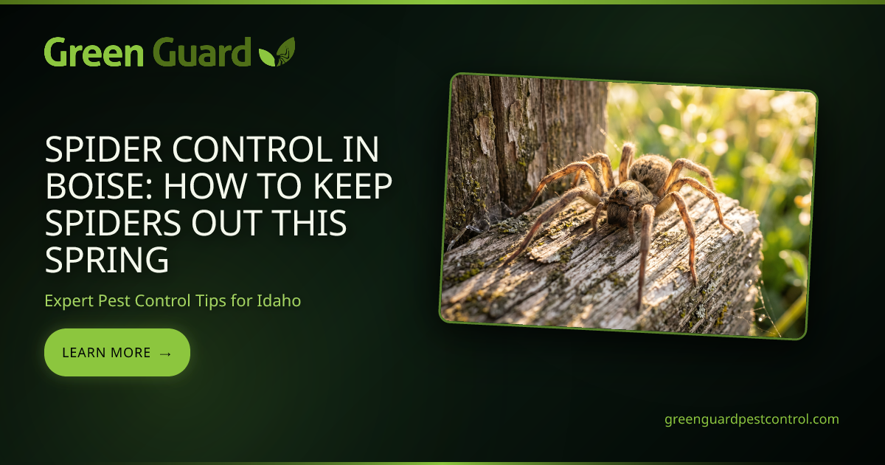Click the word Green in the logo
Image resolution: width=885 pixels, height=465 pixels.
(94, 52)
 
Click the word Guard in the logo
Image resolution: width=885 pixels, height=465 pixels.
(201, 52)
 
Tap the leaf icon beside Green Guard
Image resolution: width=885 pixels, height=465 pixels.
(277, 52)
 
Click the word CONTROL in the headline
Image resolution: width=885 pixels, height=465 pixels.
(252, 149)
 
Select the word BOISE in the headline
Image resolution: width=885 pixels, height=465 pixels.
(100, 186)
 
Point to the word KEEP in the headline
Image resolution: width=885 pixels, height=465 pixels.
(353, 186)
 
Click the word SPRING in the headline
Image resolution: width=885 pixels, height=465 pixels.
(107, 260)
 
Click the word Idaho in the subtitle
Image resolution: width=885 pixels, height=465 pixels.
(279, 300)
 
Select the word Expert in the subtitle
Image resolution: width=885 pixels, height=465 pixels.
(69, 301)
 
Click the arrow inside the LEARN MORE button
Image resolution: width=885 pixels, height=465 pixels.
(165, 354)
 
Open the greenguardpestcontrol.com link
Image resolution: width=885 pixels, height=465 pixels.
(752, 419)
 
